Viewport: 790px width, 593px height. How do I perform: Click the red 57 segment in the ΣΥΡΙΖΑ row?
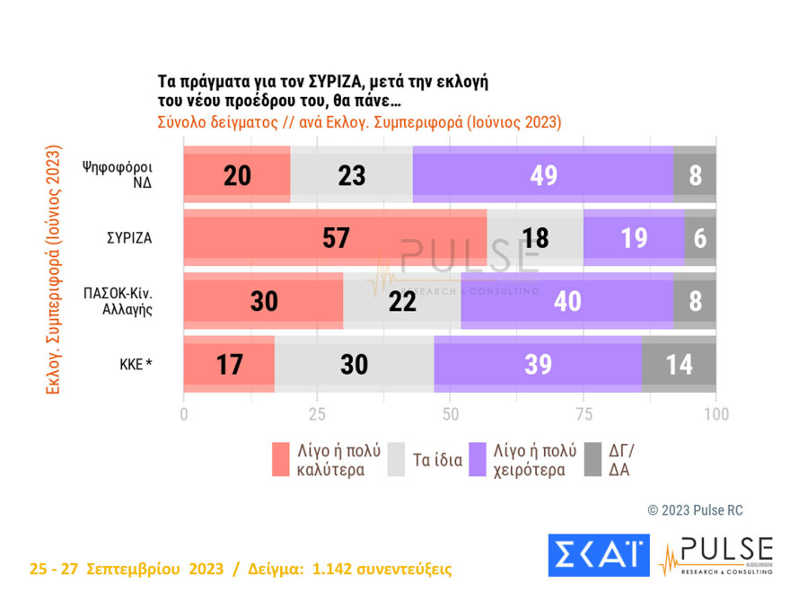coord(335,238)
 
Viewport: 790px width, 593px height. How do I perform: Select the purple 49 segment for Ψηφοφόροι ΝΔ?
coord(542,175)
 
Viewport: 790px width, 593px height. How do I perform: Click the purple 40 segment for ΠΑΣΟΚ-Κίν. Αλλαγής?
coord(566,302)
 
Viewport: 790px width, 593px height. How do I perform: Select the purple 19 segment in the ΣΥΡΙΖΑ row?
coord(633,238)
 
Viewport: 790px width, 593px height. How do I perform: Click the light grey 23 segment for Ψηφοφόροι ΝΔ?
coord(351,175)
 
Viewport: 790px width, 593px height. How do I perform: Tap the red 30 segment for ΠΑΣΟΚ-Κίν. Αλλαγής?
coord(263,302)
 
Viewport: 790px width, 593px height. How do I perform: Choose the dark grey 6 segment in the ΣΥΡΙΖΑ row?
coord(700,238)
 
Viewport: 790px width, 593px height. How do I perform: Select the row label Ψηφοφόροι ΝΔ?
coord(116,175)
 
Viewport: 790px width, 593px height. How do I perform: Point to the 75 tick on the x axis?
coord(584,414)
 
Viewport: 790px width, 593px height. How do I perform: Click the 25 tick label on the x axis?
coord(316,414)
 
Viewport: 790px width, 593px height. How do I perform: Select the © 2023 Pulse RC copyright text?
coord(695,510)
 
